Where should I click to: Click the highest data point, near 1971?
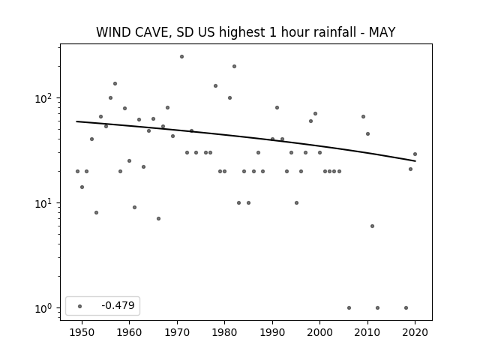181,57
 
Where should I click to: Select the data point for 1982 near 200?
234,67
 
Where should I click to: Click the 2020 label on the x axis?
415,332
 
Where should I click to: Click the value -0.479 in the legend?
118,305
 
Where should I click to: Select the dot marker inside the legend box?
80,306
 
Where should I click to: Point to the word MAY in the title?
382,32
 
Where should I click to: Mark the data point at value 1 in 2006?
349,308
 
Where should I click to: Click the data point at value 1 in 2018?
406,308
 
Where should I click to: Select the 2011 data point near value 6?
372,226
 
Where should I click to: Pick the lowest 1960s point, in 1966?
158,218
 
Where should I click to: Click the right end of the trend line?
415,161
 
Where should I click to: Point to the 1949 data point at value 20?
77,172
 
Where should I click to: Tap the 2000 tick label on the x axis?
320,332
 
